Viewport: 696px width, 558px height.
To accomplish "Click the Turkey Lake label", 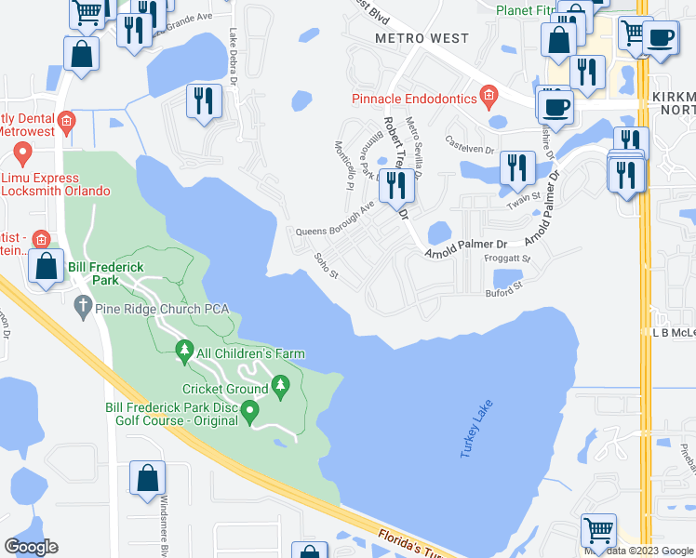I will coord(475,429).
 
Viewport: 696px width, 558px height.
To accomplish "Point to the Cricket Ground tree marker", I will coord(279,385).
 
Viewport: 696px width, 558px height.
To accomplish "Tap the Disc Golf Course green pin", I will coord(248,410).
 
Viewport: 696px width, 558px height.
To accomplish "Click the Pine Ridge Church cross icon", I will coord(82,305).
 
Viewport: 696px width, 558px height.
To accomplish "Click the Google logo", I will coord(31,547).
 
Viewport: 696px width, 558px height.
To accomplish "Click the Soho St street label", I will coord(326,265).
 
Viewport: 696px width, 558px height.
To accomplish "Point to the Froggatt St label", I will coord(507,259).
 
